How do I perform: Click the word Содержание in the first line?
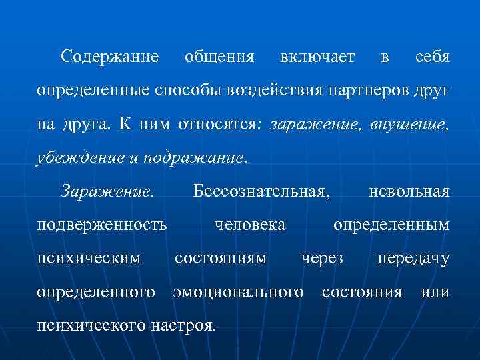point(109,57)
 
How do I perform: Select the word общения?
point(219,57)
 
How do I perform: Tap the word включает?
point(317,57)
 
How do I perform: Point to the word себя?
point(432,57)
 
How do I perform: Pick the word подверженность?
point(102,225)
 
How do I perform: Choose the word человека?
point(249,225)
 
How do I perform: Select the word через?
point(322,259)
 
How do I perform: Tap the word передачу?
point(413,259)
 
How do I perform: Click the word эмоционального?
point(238,292)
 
